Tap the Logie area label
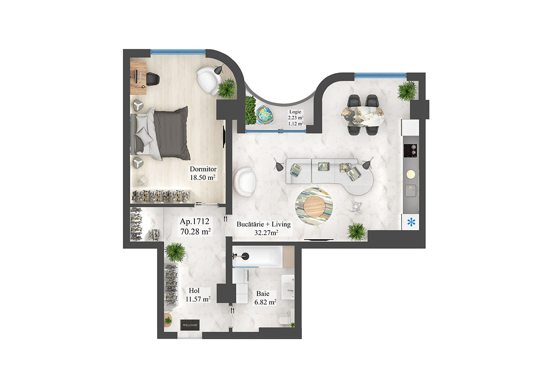click(x=296, y=118)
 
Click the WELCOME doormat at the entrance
click(x=189, y=324)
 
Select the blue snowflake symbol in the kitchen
click(x=410, y=222)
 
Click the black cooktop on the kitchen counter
click(x=410, y=150)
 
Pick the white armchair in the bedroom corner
click(x=208, y=80)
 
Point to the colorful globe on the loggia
click(x=265, y=115)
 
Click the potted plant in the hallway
click(x=175, y=252)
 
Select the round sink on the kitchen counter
click(x=410, y=173)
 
